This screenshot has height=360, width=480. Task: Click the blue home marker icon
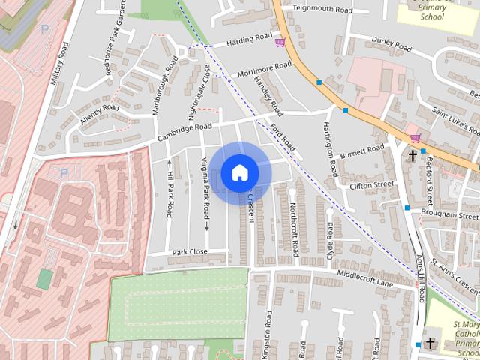[239, 172]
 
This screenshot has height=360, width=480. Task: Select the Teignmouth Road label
[322, 10]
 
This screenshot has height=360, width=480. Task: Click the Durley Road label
[391, 43]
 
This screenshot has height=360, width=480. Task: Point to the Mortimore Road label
[263, 70]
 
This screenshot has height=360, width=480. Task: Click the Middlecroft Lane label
[364, 278]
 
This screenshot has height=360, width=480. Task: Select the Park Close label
[189, 252]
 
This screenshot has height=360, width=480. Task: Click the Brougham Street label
[450, 214]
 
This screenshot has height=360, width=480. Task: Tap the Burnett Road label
[361, 151]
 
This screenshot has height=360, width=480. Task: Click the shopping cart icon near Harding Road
[280, 42]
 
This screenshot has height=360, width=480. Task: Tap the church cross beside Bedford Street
[412, 157]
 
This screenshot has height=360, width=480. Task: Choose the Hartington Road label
[329, 147]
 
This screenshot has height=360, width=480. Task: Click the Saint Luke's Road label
[450, 116]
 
